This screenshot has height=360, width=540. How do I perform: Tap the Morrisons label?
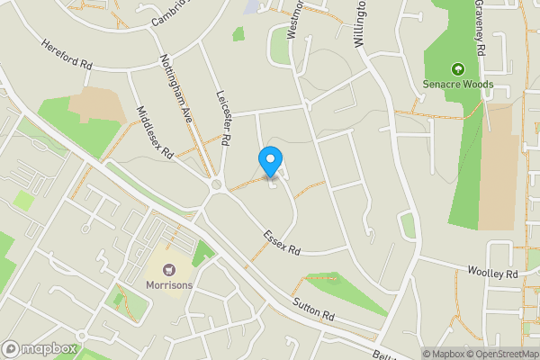point(168,285)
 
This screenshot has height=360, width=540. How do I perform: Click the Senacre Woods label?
point(457,84)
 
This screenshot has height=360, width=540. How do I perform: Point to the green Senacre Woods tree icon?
point(457,68)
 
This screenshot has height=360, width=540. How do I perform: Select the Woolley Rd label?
point(493,272)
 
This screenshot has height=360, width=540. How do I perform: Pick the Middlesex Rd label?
point(154,132)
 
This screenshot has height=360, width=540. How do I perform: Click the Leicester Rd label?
point(225,118)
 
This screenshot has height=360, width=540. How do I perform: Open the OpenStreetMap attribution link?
point(501,354)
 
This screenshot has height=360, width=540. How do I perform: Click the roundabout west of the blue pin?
point(216,185)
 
